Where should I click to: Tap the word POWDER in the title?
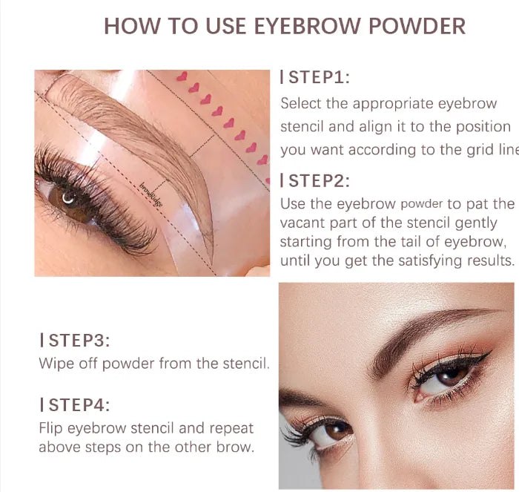pos(412,26)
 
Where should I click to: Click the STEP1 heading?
pos(318,77)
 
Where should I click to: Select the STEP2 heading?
pos(318,180)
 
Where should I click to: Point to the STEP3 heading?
pos(78,341)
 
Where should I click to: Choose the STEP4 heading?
pos(78,405)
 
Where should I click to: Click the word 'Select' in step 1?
pos(301,103)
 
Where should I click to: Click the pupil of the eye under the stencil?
pos(69,198)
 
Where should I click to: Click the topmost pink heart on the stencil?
pos(182,76)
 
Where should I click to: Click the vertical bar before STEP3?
pos(42,341)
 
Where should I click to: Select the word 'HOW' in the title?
pos(127,26)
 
